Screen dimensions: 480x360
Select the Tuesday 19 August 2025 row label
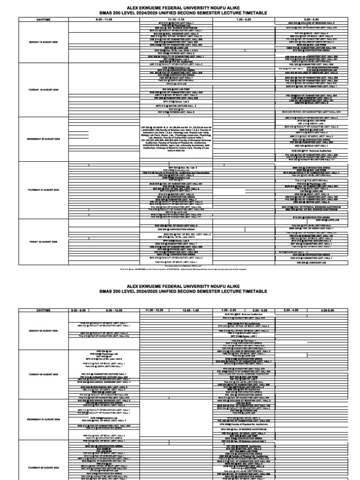click(43, 89)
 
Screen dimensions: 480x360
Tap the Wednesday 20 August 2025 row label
click(43, 139)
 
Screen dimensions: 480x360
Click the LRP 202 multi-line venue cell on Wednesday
click(176, 139)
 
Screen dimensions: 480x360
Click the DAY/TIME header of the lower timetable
click(43, 310)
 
